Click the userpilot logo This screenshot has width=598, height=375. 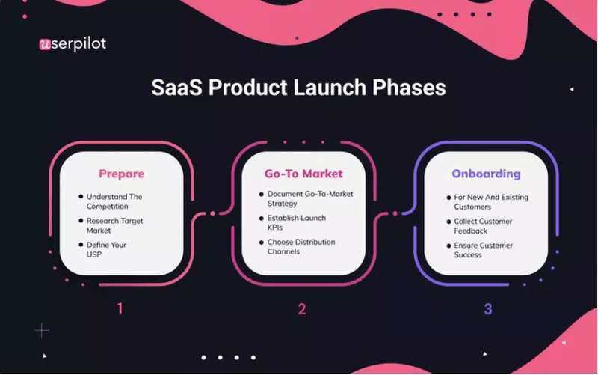pyautogui.click(x=73, y=44)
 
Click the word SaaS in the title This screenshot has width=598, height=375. pyautogui.click(x=176, y=88)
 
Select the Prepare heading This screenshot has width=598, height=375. pyautogui.click(x=121, y=174)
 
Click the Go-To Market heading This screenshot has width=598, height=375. pyautogui.click(x=303, y=174)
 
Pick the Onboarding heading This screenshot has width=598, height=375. pyautogui.click(x=486, y=174)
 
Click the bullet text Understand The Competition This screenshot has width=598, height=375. pyautogui.click(x=114, y=201)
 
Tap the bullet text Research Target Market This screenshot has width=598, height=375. pyautogui.click(x=114, y=225)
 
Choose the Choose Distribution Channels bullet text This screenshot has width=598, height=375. pyautogui.click(x=301, y=246)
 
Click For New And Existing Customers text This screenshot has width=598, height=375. pyautogui.click(x=490, y=201)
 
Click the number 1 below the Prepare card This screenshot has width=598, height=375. pyautogui.click(x=120, y=308)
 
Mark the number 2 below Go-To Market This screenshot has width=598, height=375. pyautogui.click(x=302, y=308)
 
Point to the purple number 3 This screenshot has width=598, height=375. pyautogui.click(x=487, y=308)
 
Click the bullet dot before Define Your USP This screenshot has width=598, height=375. pyautogui.click(x=81, y=245)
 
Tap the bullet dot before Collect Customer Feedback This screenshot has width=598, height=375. pyautogui.click(x=447, y=221)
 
